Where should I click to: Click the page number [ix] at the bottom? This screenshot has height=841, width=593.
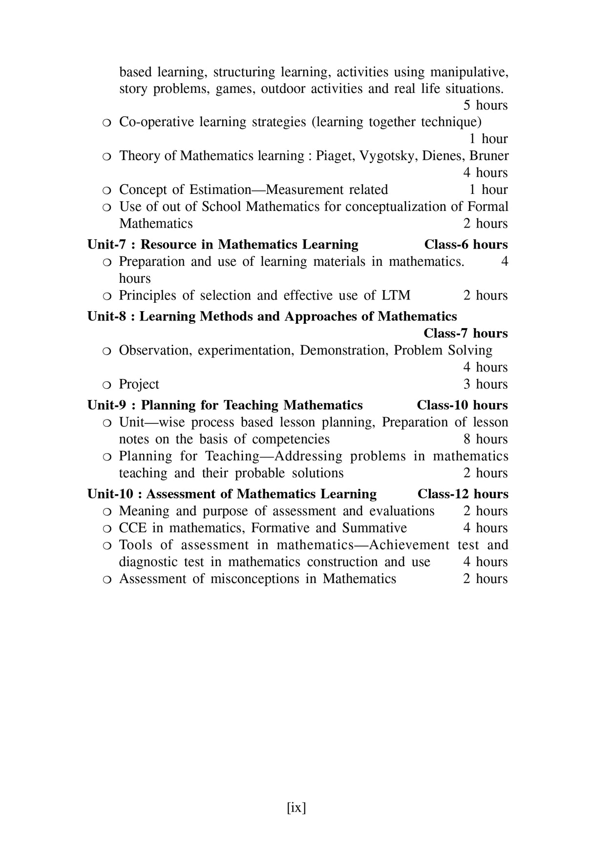[x=296, y=807]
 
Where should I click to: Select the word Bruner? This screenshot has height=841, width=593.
[x=489, y=156]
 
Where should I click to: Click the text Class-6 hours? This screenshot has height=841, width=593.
[x=466, y=244]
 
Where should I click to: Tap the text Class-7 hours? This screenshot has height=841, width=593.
[x=466, y=334]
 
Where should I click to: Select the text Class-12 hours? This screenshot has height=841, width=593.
[x=463, y=494]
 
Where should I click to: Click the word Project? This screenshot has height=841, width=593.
[x=139, y=384]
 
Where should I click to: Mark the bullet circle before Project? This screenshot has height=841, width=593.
[x=107, y=385]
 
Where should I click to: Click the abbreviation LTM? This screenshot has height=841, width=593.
[x=396, y=295]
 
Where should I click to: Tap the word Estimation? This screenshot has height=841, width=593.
[x=220, y=189]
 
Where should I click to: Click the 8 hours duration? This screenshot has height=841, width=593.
[x=485, y=439]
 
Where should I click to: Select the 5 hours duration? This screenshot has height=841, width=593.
[x=485, y=105]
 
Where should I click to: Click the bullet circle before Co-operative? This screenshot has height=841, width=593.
[x=107, y=123]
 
